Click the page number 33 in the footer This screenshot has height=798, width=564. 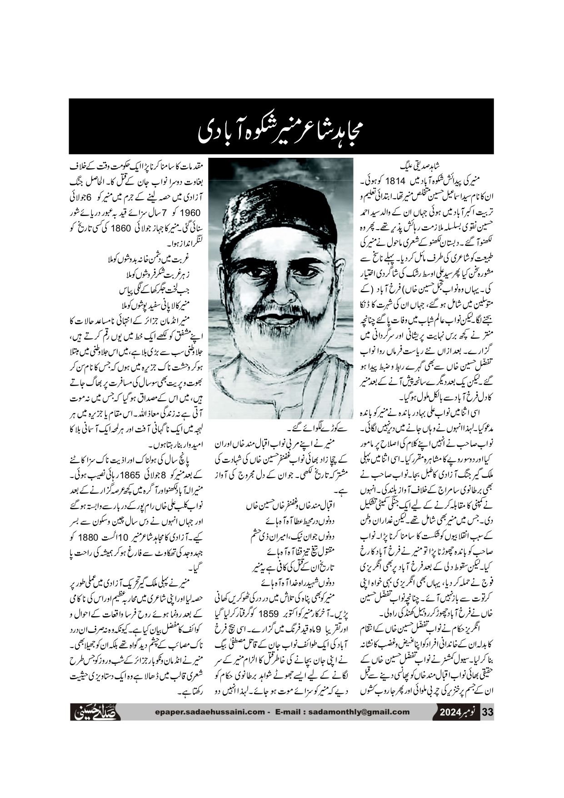point(487,712)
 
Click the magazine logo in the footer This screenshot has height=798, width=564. point(95,712)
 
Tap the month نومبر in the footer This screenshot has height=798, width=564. point(470,712)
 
